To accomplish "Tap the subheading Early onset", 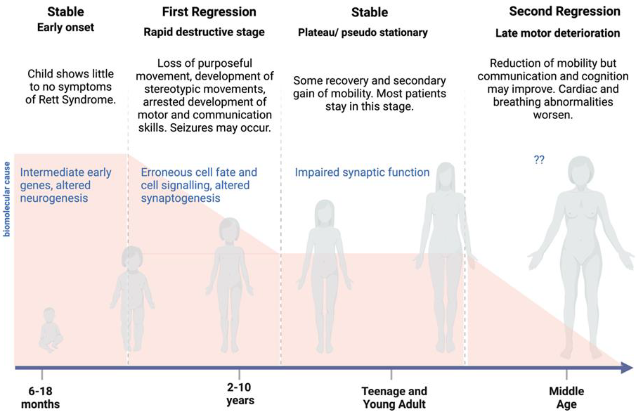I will pyautogui.click(x=66, y=27).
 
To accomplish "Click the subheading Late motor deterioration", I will pyautogui.click(x=557, y=33).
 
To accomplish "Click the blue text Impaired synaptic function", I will pyautogui.click(x=362, y=172).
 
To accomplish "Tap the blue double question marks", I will pyautogui.click(x=539, y=160).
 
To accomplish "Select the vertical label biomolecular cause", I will pyautogui.click(x=6, y=199).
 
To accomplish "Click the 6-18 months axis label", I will pyautogui.click(x=40, y=398).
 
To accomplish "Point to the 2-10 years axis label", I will pyautogui.click(x=240, y=394).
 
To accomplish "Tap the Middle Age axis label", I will pyautogui.click(x=566, y=398).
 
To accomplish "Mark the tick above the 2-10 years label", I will pyautogui.click(x=239, y=374).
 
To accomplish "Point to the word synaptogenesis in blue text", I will pyautogui.click(x=181, y=198).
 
